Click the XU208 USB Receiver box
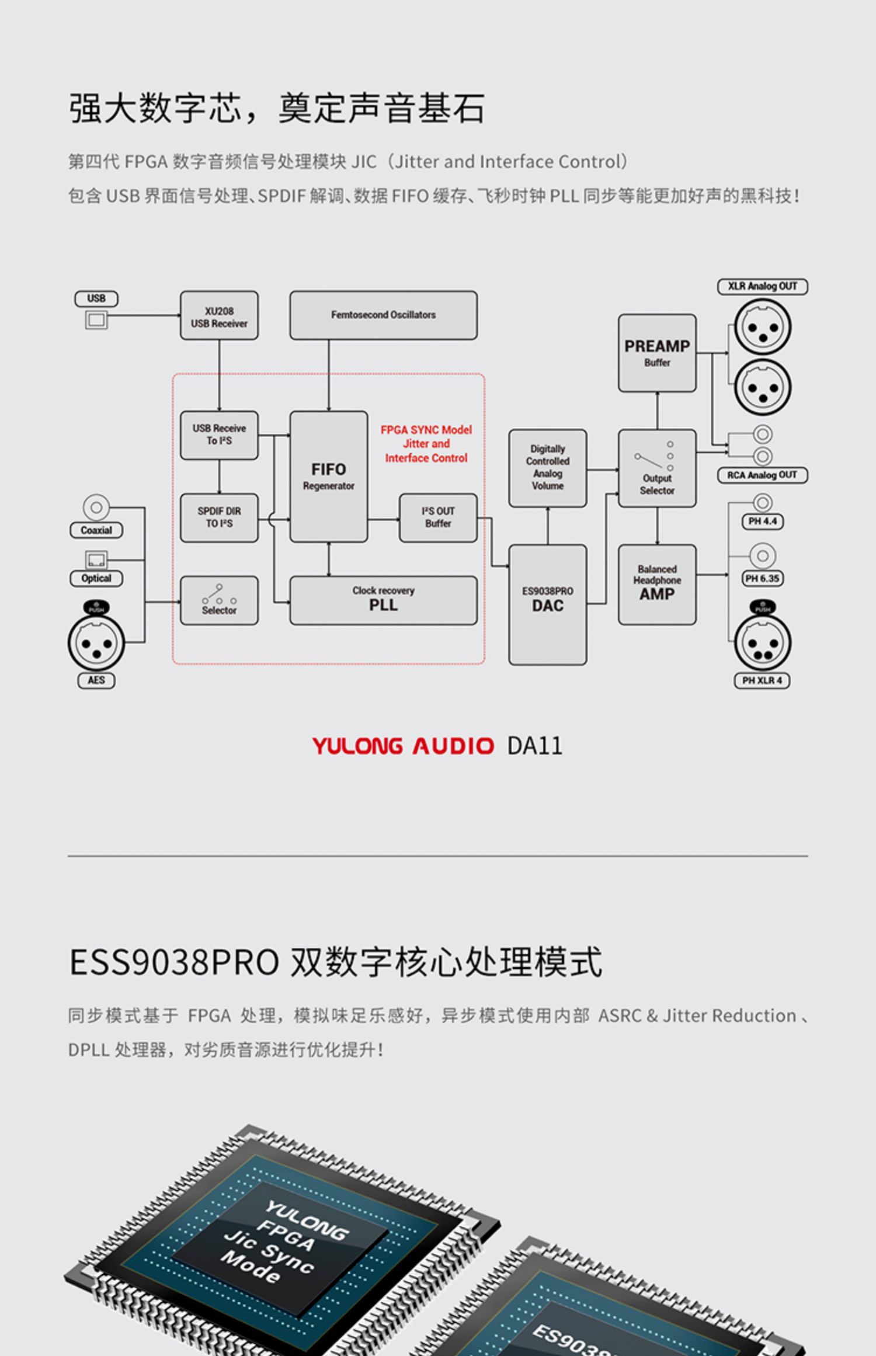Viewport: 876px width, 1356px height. point(219,315)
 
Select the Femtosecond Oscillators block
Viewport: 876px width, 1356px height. point(383,315)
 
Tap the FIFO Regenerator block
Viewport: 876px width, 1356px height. point(329,477)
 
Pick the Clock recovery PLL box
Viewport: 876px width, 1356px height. point(383,600)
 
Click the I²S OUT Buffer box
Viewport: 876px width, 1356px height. point(438,518)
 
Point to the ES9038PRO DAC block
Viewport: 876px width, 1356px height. point(548,605)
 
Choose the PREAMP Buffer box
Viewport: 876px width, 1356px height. point(657,353)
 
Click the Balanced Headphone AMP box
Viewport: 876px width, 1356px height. point(657,585)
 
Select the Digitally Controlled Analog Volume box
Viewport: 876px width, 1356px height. point(548,468)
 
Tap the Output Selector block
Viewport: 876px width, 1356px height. point(657,468)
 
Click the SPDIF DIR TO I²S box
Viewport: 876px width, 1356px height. point(219,518)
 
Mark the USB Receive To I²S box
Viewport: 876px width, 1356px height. point(219,435)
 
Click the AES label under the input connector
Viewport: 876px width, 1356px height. point(96,680)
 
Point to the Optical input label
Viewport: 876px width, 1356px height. point(96,578)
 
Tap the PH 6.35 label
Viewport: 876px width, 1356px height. point(762,578)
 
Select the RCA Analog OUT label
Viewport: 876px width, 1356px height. point(762,475)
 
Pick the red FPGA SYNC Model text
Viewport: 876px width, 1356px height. point(426,430)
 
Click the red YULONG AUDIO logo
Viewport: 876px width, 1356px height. point(403,746)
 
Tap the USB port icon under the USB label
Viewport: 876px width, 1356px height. point(96,319)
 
